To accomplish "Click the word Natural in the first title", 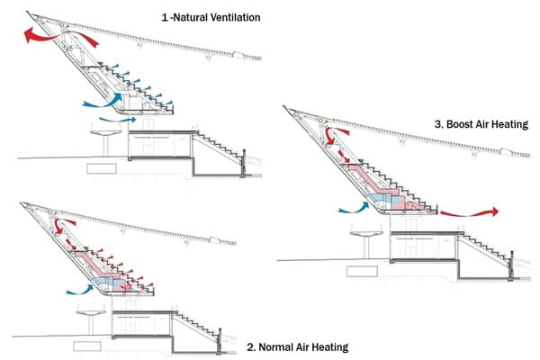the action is (190, 17).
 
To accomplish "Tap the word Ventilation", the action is (236, 17).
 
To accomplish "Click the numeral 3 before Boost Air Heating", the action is (437, 124).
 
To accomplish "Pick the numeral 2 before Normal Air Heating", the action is (250, 346).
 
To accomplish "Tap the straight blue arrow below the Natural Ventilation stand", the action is (118, 120).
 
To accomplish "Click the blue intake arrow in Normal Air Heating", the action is (80, 290).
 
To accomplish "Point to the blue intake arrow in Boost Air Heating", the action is (354, 208).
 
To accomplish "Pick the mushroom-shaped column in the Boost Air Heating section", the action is (366, 241).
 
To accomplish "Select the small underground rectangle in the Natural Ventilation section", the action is (101, 168).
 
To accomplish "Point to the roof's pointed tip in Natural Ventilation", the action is (28, 13).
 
